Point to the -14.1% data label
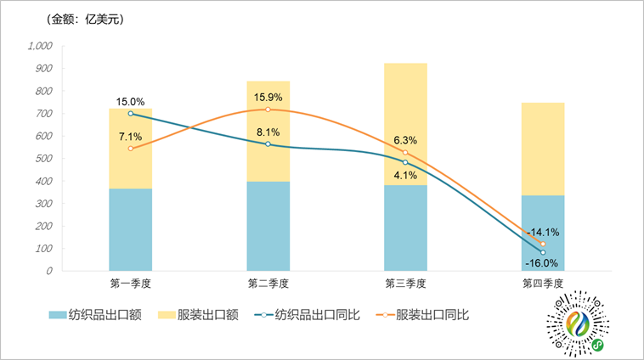pos(543,232)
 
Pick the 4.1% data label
pos(405,176)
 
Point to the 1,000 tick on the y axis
pos(41,46)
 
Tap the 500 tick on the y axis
pos(43,159)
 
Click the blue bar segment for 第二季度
pos(268,226)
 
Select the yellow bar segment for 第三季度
pos(405,124)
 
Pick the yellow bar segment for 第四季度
pos(543,149)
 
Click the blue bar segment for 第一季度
pos(130,229)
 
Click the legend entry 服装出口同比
pos(425,314)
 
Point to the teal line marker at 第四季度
pos(543,252)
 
